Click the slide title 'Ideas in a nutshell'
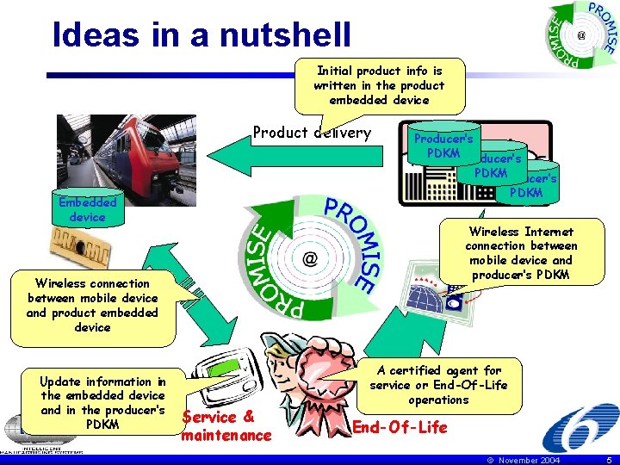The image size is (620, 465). (x=201, y=34)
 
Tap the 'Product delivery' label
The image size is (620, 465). (x=311, y=133)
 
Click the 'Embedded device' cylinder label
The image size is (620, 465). (x=87, y=209)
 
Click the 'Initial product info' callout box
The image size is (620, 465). (x=379, y=85)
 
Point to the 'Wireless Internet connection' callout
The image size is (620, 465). (x=521, y=253)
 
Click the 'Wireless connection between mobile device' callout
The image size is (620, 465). (x=92, y=305)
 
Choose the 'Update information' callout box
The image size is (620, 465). (x=102, y=403)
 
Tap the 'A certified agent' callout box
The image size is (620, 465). (x=438, y=384)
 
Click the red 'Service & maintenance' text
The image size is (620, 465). (x=226, y=426)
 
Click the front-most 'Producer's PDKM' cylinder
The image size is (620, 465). (x=443, y=146)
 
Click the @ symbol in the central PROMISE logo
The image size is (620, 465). (x=309, y=258)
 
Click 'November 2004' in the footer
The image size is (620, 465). (x=525, y=460)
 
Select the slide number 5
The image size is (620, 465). (x=607, y=460)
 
